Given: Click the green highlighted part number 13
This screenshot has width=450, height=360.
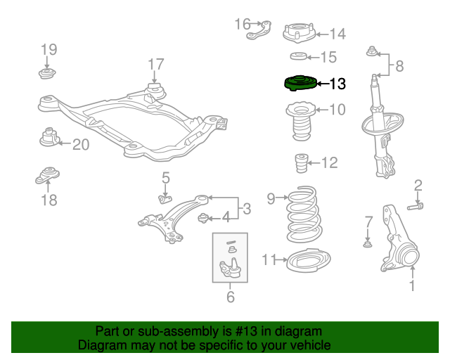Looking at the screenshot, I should tap(298, 84).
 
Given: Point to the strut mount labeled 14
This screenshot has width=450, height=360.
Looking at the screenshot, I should tap(298, 32).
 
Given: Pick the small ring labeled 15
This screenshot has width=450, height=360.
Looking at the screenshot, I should tap(298, 56).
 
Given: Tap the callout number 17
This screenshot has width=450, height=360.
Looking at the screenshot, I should tap(155, 65).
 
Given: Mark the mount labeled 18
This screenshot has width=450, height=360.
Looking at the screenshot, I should tap(48, 176).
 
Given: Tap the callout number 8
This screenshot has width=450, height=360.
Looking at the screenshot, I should tap(399, 67).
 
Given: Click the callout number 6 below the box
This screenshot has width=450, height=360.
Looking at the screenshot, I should tap(230, 297).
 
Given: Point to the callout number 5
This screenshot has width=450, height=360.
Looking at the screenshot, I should tap(165, 178).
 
